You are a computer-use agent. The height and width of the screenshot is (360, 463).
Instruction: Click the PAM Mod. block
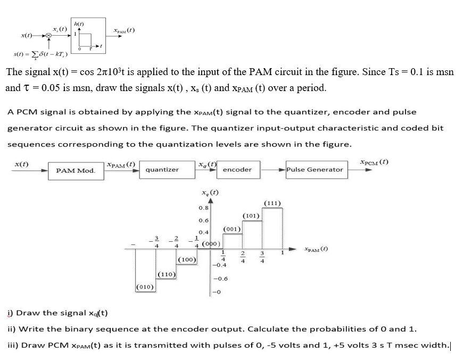76,170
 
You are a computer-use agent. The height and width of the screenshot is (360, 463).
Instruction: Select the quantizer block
162,169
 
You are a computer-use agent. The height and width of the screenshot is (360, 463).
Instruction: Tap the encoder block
237,169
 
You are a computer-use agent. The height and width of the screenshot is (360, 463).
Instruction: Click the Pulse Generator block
315,169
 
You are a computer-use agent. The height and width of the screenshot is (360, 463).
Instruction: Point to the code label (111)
272,203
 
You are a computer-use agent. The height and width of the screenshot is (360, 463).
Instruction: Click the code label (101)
251,216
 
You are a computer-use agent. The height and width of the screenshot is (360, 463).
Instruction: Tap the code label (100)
187,260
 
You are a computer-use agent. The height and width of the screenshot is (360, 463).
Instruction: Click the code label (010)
145,287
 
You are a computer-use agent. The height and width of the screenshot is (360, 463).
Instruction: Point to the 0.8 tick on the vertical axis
203,208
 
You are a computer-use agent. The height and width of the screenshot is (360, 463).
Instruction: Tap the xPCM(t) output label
374,161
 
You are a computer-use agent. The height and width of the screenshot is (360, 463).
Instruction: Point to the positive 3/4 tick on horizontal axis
262,257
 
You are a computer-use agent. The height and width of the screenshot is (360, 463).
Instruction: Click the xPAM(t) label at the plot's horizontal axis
316,249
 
